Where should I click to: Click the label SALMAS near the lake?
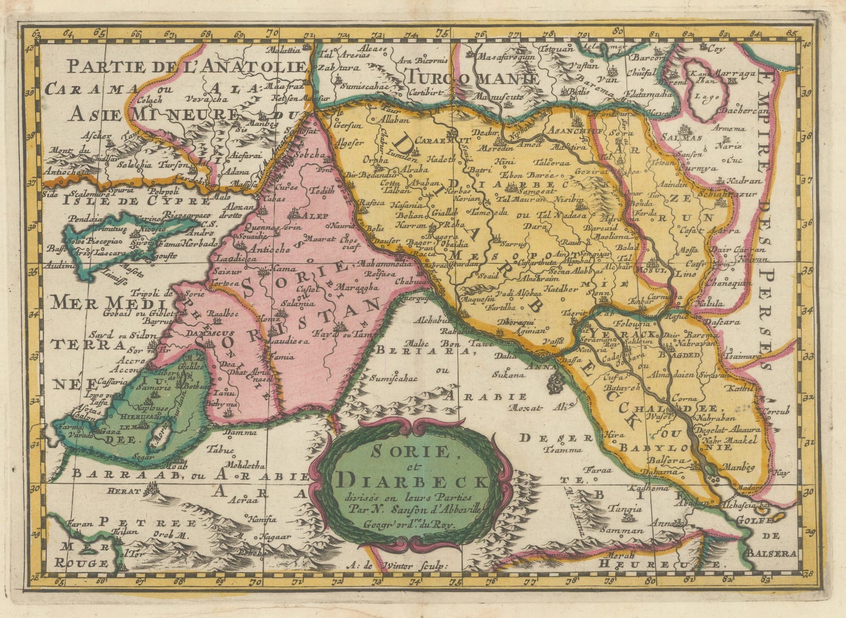coord(685,137)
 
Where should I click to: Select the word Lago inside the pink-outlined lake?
coord(700,96)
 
